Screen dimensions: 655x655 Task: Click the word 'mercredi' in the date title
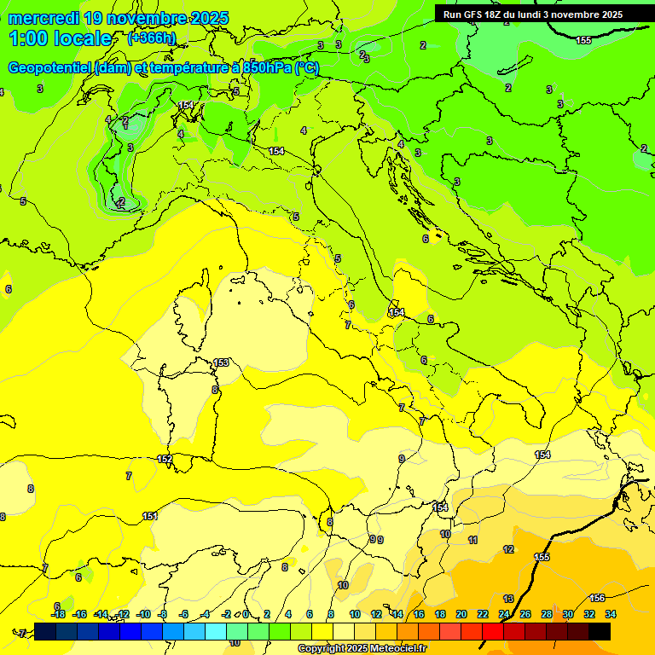point(43,18)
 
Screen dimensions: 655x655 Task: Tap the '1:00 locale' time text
point(61,38)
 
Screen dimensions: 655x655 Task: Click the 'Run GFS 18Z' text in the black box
point(474,14)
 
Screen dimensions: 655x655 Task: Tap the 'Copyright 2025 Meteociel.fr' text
point(362,648)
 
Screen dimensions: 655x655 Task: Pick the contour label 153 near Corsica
point(221,362)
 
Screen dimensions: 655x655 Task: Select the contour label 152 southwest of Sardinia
point(165,459)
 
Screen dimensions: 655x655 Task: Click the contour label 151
point(150,516)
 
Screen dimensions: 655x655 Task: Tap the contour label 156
point(598,598)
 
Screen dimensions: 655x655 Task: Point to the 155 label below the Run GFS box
point(583,40)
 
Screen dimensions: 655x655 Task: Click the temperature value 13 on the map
point(508,599)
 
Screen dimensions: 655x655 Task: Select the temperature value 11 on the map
point(472,540)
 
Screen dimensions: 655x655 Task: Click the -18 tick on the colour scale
point(59,614)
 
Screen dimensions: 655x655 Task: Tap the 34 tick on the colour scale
point(611,614)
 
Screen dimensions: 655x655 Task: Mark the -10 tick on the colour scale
point(143,614)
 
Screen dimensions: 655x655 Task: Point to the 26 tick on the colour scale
point(525,614)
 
